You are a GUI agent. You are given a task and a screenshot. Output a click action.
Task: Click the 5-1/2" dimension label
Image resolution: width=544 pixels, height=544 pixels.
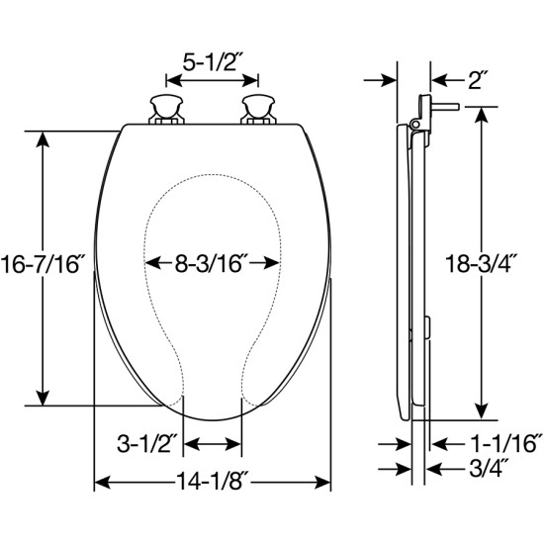point(210,63)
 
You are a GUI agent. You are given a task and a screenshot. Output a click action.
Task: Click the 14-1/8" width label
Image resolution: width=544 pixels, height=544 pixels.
point(213,482)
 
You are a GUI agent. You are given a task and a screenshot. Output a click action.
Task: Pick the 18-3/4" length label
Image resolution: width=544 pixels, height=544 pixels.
point(482,264)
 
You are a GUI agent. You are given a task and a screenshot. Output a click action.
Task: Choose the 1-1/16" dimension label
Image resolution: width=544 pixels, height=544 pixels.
point(504,444)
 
